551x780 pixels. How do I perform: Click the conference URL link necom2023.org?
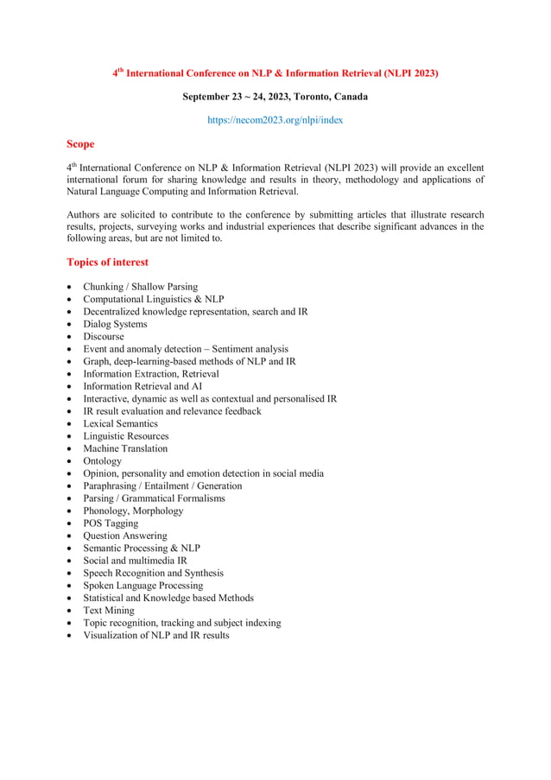tap(275, 120)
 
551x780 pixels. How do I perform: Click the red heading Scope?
tap(80, 144)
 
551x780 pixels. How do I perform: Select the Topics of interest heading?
tap(107, 262)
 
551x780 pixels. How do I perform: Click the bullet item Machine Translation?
tap(125, 448)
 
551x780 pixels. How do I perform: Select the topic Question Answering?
tap(125, 536)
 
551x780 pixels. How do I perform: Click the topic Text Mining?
tap(109, 610)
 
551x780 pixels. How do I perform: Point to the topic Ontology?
tap(103, 460)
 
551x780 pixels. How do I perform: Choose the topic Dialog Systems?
tap(115, 324)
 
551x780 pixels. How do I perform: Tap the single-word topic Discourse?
tap(104, 336)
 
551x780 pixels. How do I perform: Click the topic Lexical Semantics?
tap(120, 423)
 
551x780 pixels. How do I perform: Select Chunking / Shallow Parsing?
tap(140, 287)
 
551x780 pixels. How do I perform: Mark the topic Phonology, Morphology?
tap(133, 510)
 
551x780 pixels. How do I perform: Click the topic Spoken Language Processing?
tap(142, 585)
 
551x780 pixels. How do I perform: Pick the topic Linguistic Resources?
tap(126, 436)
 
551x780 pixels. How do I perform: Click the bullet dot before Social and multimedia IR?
tap(69, 561)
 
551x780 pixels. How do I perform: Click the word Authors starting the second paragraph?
tap(84, 214)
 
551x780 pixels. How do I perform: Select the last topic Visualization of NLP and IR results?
tap(156, 635)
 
